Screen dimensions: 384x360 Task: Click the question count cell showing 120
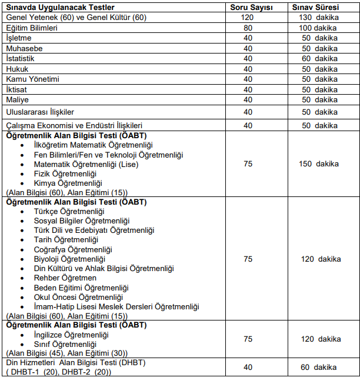[248, 17]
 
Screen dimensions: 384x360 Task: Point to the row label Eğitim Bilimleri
[31, 28]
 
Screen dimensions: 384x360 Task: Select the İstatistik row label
[20, 59]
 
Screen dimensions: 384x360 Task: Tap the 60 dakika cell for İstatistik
[318, 59]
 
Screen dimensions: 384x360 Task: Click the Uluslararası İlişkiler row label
[40, 112]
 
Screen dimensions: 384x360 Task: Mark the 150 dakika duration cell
[318, 164]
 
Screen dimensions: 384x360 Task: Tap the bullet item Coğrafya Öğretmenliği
[73, 250]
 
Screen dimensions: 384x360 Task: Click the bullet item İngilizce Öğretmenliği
[71, 335]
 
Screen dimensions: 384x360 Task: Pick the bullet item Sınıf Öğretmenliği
[65, 344]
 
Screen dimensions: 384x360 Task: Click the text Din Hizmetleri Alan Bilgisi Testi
[75, 363]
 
